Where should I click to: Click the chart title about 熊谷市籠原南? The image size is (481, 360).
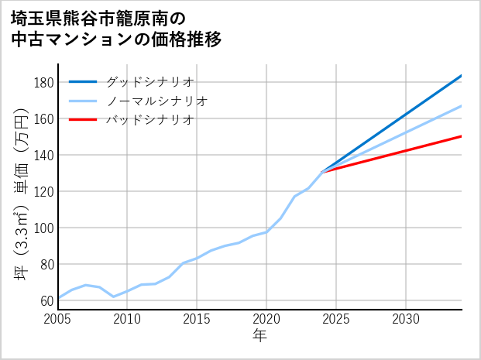pyautogui.click(x=116, y=29)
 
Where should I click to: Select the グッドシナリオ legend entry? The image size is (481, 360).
pyautogui.click(x=149, y=81)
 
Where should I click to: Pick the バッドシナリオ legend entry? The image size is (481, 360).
pyautogui.click(x=149, y=120)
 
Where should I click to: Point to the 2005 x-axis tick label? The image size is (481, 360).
pyautogui.click(x=58, y=319)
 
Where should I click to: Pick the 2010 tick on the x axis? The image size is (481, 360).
pyautogui.click(x=128, y=319)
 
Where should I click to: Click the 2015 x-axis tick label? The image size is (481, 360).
pyautogui.click(x=198, y=319)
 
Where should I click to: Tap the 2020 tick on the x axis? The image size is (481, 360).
pyautogui.click(x=267, y=319)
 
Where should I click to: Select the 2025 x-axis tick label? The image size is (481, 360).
pyautogui.click(x=337, y=319)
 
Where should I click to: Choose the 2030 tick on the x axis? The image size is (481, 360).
pyautogui.click(x=407, y=319)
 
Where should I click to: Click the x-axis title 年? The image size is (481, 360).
pyautogui.click(x=260, y=336)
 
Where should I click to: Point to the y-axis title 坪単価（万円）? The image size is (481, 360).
pyautogui.click(x=21, y=193)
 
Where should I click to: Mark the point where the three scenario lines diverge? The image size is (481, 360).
pyautogui.click(x=322, y=172)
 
